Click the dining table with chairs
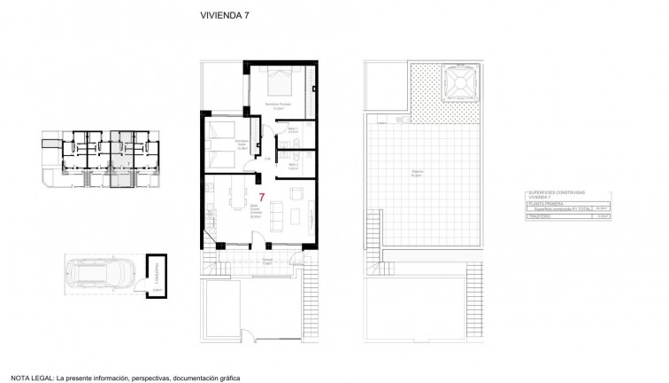[234, 200]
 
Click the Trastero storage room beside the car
[155, 272]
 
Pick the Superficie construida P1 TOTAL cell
[554, 209]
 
